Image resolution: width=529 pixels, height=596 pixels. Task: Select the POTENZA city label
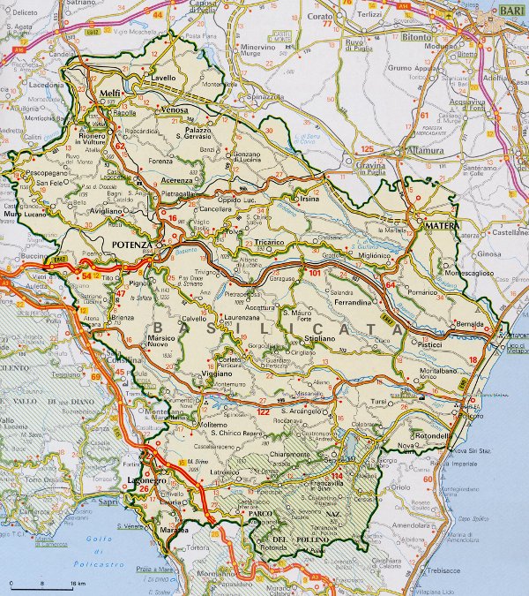(x=132, y=243)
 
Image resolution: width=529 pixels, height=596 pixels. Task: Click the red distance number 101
(x=316, y=273)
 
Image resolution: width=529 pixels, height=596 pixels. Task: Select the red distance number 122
(x=263, y=411)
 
